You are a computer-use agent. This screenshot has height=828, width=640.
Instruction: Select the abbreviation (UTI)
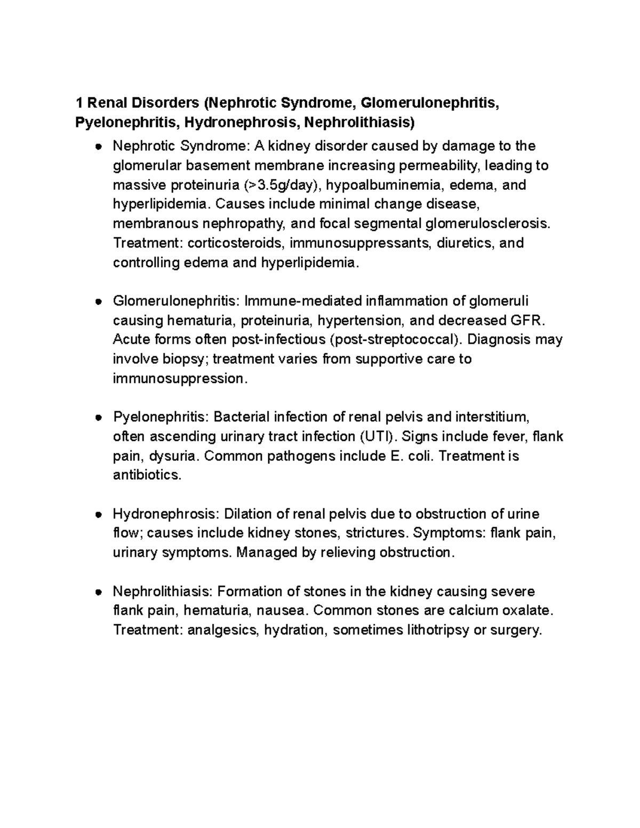(378, 437)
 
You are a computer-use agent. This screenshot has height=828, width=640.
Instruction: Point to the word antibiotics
(147, 476)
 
